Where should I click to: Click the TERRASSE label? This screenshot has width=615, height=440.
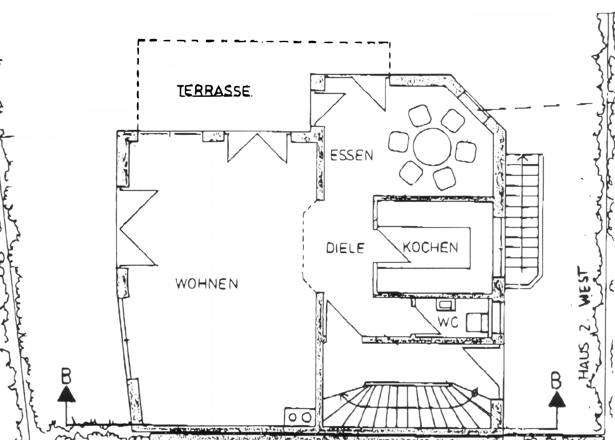[214, 91]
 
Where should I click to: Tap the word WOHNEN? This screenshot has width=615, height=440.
[207, 283]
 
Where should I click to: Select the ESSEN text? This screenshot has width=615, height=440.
[351, 155]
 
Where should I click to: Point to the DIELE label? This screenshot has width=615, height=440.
[345, 248]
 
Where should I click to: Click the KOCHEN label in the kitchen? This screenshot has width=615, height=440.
[430, 247]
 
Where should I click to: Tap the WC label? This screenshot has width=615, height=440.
[448, 323]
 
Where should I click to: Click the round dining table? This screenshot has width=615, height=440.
[432, 147]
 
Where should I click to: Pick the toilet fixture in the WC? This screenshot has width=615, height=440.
[477, 322]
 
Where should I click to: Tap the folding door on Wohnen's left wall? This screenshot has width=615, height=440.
[137, 228]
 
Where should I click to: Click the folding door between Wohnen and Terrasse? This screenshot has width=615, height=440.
[257, 147]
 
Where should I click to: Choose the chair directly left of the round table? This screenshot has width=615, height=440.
[398, 142]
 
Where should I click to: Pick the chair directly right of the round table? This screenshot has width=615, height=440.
[466, 151]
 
